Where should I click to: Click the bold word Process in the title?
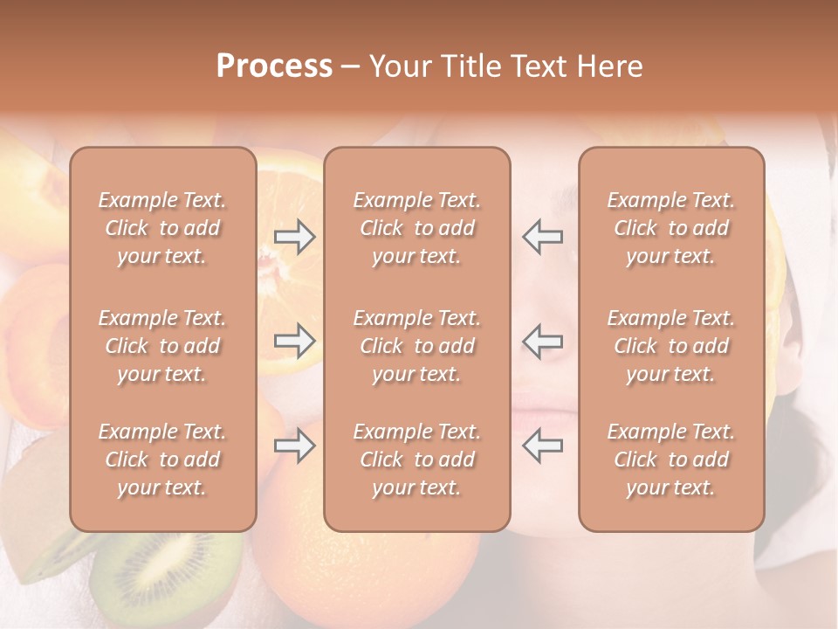tap(274, 66)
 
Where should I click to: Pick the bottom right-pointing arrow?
tap(295, 446)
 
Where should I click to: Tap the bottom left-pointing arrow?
tap(542, 446)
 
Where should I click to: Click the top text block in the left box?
tap(162, 228)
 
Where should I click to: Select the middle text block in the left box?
tap(162, 346)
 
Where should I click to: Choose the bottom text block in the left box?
tap(162, 460)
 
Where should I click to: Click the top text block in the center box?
tap(417, 228)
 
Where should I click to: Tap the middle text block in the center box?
tap(417, 346)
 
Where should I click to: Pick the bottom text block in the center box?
tap(417, 460)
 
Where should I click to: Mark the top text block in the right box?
tap(671, 228)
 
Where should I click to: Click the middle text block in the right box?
tap(671, 346)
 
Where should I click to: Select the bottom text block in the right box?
tap(671, 460)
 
